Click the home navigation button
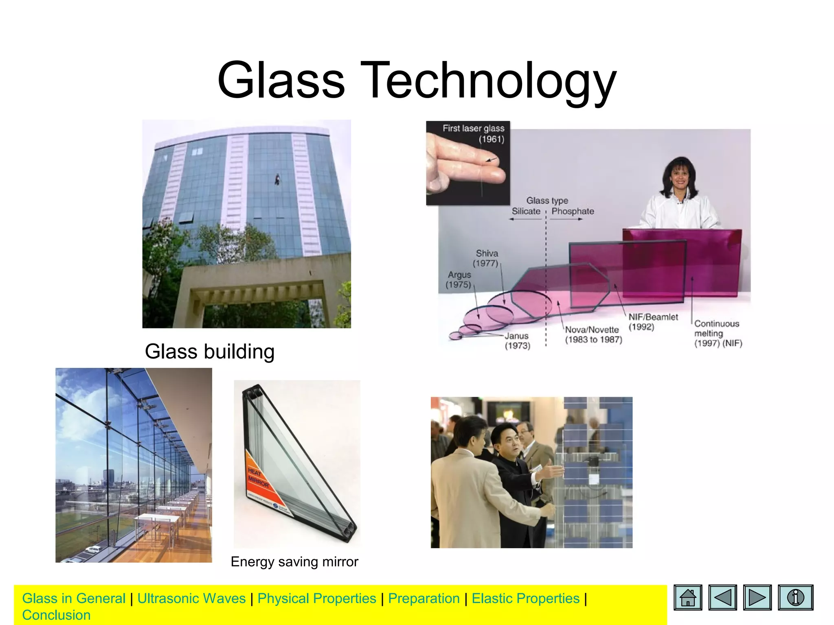pyautogui.click(x=688, y=597)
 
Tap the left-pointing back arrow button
pyautogui.click(x=722, y=597)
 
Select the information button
pyautogui.click(x=795, y=597)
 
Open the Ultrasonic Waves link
pyautogui.click(x=191, y=598)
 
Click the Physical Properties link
pyautogui.click(x=317, y=598)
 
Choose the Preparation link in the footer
pyautogui.click(x=424, y=598)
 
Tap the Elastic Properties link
pyautogui.click(x=525, y=598)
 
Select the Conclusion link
pyautogui.click(x=56, y=615)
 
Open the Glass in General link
pyautogui.click(x=74, y=598)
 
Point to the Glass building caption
pyautogui.click(x=210, y=352)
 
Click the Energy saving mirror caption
pyautogui.click(x=294, y=562)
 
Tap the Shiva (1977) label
pyautogui.click(x=486, y=258)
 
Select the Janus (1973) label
pyautogui.click(x=517, y=341)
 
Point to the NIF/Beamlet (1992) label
pyautogui.click(x=653, y=322)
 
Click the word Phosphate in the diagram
pyautogui.click(x=573, y=211)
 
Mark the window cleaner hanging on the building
pyautogui.click(x=277, y=179)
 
